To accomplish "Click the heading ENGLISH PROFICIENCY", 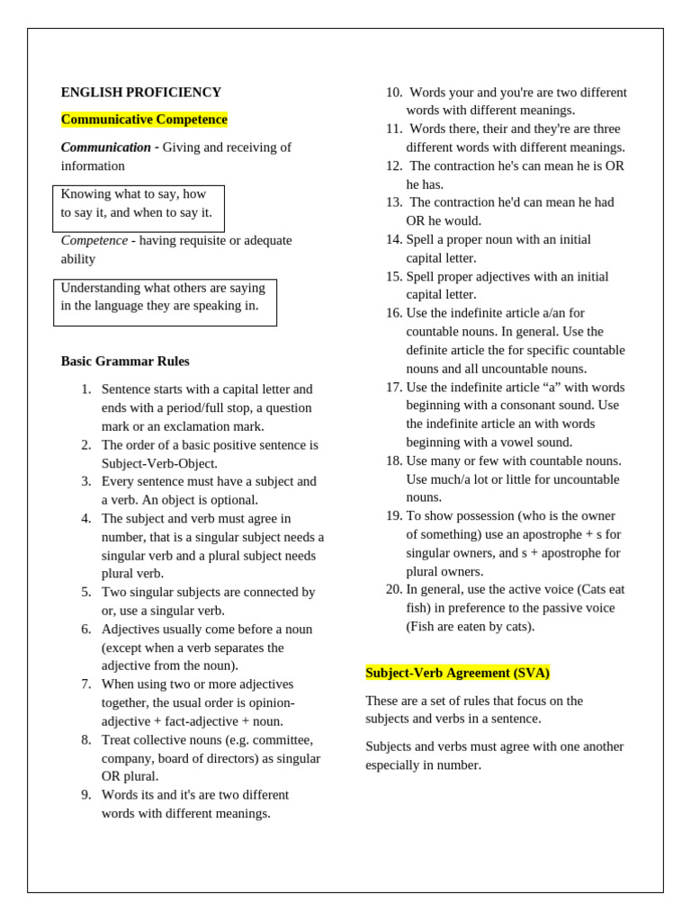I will (140, 92).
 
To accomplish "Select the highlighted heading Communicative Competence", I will (144, 120).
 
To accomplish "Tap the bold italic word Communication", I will (105, 148).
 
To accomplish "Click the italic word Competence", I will (94, 240).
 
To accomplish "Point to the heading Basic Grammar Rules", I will (125, 361).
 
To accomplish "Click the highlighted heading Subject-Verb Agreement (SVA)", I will (457, 673).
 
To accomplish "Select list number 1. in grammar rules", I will (86, 389).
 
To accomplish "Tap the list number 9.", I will (86, 795).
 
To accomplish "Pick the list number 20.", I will (394, 589).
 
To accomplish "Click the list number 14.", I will (394, 239).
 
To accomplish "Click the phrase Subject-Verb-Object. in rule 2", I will (159, 463).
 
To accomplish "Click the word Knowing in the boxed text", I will (85, 193).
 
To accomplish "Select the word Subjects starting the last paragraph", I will (391, 746).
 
